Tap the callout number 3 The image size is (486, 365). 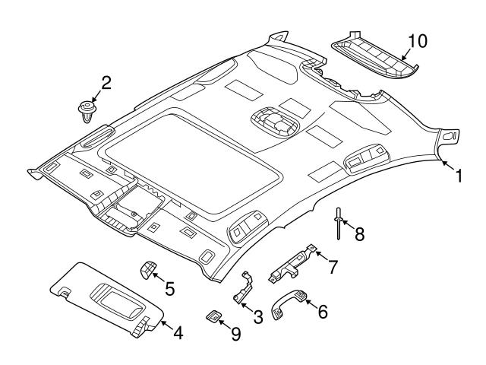(257, 316)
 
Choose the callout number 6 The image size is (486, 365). (322, 312)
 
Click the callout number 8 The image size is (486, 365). (359, 233)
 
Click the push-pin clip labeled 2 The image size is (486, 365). (88, 111)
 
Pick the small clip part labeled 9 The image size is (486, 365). (213, 316)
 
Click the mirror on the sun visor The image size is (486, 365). (113, 293)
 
